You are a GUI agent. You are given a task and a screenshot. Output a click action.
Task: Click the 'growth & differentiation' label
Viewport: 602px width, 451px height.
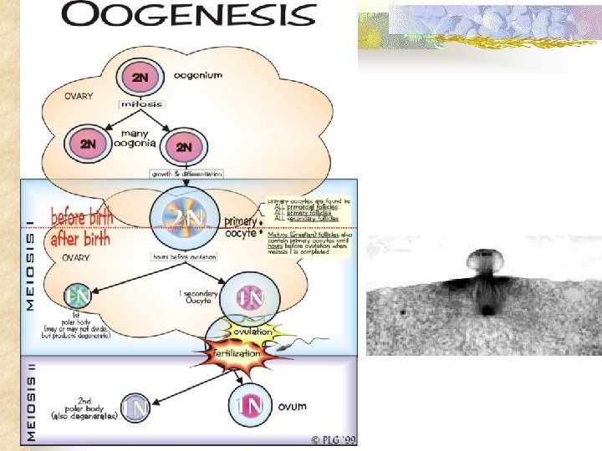click(186, 174)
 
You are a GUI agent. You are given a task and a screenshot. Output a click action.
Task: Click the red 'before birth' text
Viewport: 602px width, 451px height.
click(81, 216)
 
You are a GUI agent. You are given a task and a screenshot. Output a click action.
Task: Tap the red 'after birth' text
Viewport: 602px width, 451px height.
click(79, 239)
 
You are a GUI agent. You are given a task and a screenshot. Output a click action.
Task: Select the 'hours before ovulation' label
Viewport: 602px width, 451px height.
click(186, 256)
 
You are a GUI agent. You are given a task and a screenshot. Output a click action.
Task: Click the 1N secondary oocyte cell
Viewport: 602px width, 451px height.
click(250, 298)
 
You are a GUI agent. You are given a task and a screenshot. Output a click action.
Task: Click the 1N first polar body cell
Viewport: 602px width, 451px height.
click(79, 297)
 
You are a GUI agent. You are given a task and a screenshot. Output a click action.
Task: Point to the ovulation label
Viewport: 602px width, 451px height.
click(253, 332)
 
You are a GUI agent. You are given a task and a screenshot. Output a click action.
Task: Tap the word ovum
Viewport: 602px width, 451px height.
click(298, 407)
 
